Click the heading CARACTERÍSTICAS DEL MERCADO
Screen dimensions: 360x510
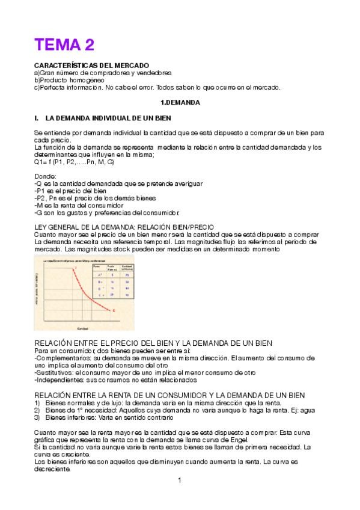[x=91, y=64]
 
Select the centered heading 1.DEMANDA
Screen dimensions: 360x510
[x=180, y=103]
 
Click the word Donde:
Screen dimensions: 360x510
[x=45, y=176]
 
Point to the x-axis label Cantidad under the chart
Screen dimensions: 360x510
[x=83, y=327]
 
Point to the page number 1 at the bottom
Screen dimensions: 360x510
[x=180, y=481]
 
